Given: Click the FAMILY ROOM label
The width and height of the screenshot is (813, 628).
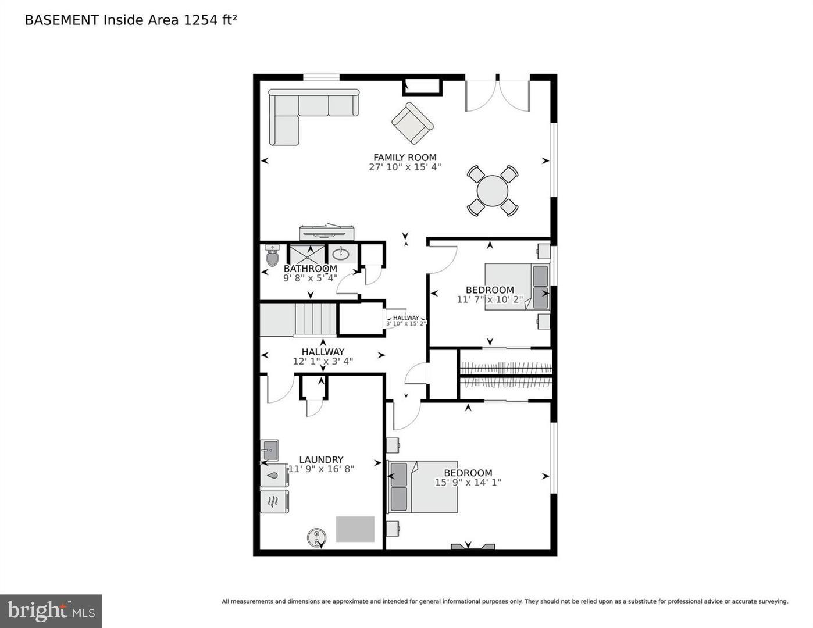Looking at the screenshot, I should pos(405,157).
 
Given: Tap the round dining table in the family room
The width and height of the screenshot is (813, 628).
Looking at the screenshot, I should pos(492,191).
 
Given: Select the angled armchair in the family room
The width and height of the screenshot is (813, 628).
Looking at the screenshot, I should pos(412,123).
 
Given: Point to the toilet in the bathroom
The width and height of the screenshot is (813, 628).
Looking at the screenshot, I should pos(272,255).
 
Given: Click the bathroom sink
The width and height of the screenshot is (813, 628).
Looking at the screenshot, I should pos(341,254).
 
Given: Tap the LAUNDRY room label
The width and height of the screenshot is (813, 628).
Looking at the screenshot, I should pos(321,459).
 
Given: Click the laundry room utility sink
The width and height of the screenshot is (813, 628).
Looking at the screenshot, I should pos(269,449).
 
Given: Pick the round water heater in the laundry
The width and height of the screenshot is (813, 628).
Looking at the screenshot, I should pos(316,537).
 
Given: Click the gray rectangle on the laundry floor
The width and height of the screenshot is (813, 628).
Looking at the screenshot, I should pos(355,529).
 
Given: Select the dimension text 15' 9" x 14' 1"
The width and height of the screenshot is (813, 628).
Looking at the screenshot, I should pos(468,482).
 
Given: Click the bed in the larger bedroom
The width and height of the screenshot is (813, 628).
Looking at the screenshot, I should pos(422,487).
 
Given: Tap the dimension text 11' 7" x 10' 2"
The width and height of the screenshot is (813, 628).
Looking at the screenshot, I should pos(490,299).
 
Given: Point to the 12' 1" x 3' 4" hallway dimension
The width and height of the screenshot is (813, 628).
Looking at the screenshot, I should pos(323,361).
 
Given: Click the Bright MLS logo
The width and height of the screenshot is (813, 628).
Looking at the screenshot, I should pos(51,611).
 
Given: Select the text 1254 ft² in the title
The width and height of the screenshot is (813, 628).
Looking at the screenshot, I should pos(211,20).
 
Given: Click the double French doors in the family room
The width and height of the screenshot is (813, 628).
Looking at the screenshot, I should pos(497,94).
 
